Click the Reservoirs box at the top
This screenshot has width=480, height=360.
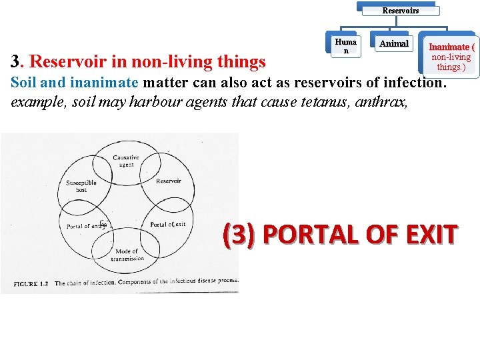pos(400,10)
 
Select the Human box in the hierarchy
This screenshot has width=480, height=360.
pos(345,46)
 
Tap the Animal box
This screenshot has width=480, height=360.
pos(393,44)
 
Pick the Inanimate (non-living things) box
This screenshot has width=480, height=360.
pos(451,57)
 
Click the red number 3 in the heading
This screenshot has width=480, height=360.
pos(17,62)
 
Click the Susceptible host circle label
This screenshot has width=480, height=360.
pos(81,185)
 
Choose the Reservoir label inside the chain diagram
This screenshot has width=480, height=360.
pos(168,181)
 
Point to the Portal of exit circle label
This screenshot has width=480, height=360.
pos(167,224)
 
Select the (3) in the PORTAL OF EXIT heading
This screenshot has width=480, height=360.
pos(241,235)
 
